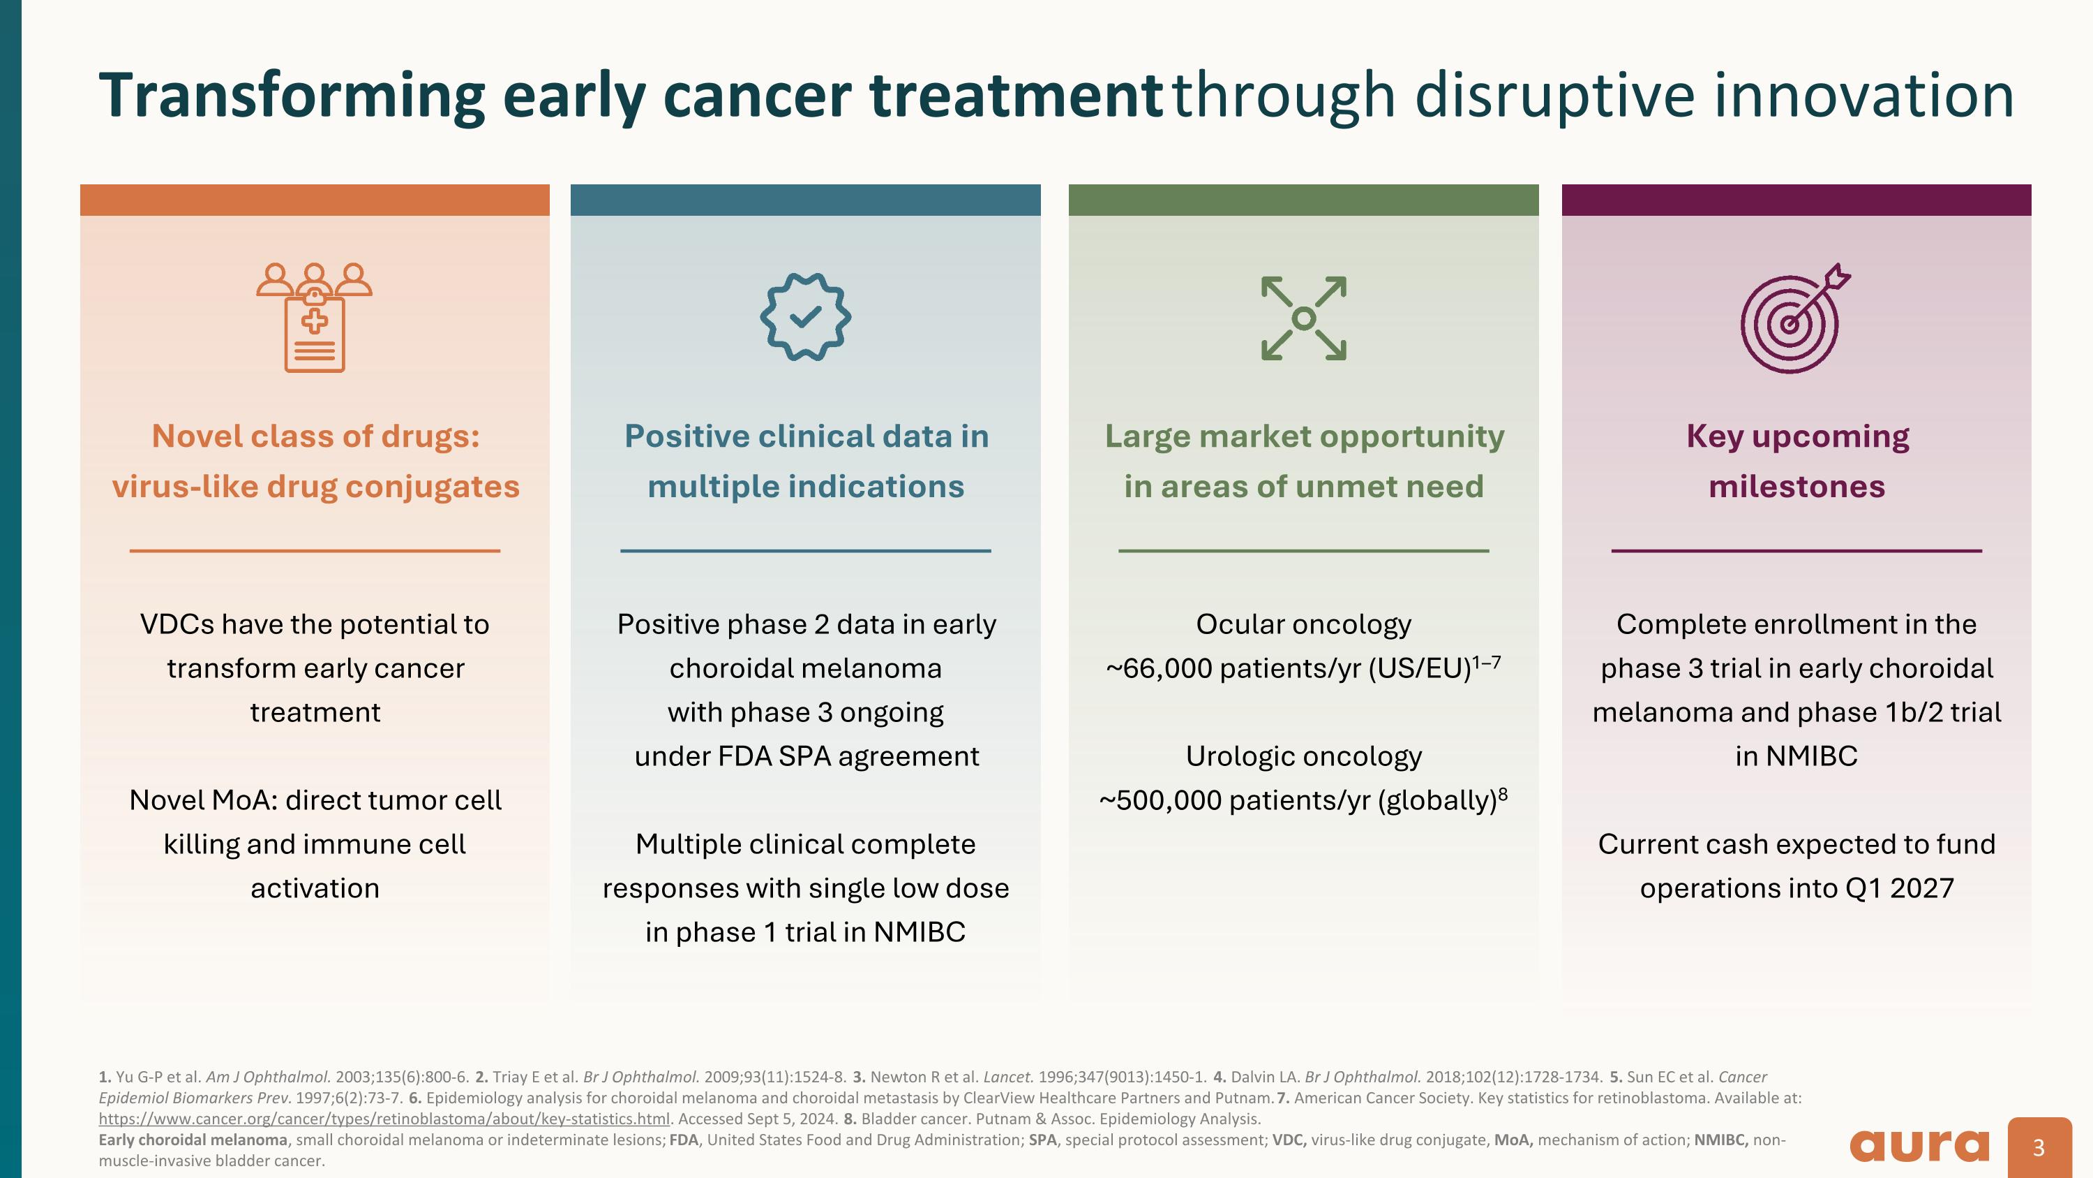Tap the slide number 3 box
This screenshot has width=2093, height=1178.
2039,1147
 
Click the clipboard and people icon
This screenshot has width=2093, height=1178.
315,317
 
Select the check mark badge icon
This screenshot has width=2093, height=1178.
805,316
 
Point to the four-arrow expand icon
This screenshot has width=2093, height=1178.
1303,318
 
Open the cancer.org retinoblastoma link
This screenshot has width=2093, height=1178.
384,1119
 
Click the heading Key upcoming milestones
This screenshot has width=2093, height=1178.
1796,461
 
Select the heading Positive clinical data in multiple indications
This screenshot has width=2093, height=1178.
805,461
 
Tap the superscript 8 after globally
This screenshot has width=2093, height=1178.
1503,793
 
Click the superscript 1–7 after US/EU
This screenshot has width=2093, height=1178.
1486,662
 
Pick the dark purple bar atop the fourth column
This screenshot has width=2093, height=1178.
1796,200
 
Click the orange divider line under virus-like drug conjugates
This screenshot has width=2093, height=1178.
315,551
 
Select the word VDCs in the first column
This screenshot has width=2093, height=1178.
177,624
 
